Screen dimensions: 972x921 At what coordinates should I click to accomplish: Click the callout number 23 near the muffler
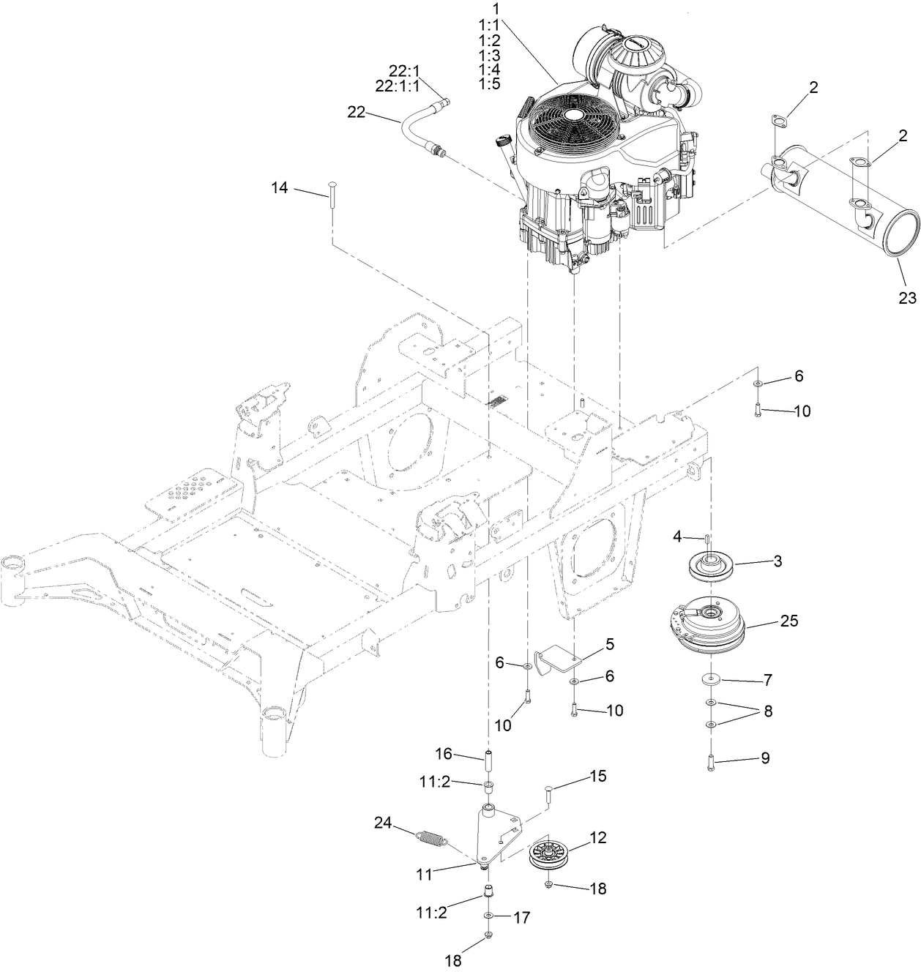pyautogui.click(x=908, y=298)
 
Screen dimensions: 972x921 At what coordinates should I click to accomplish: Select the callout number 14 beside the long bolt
pyautogui.click(x=279, y=188)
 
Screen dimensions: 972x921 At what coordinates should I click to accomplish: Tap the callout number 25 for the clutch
pyautogui.click(x=789, y=621)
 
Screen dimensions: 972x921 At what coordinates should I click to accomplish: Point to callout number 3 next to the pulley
pyautogui.click(x=778, y=561)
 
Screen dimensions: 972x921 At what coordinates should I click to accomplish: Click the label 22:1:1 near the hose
pyautogui.click(x=398, y=86)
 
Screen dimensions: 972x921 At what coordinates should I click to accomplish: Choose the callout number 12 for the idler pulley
pyautogui.click(x=598, y=839)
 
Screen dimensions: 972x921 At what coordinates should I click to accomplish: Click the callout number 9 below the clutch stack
pyautogui.click(x=765, y=758)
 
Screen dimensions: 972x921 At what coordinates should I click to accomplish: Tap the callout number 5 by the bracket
pyautogui.click(x=609, y=645)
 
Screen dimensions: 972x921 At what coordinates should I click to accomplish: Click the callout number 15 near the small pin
pyautogui.click(x=598, y=776)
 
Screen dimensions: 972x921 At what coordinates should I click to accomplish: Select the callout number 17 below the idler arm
pyautogui.click(x=521, y=917)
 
